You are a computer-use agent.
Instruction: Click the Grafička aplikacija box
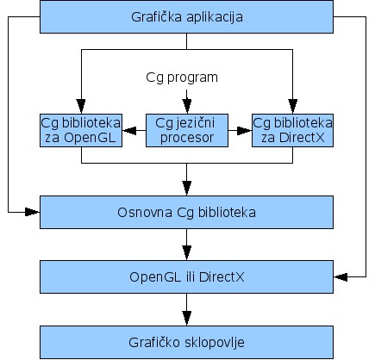pos(186,16)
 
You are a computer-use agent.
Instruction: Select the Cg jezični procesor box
pos(187,130)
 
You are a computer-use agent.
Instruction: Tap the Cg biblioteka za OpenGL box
pos(81,130)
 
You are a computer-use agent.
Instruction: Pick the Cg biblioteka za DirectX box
pos(292,130)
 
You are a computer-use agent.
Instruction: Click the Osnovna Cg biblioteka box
pos(186,213)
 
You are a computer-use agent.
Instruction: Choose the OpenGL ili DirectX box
pos(186,277)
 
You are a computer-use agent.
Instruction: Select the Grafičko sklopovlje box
pos(186,342)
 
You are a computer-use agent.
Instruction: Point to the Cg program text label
pos(182,78)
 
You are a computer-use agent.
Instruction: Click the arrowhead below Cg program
pos(187,107)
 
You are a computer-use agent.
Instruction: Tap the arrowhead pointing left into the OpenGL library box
pos(129,131)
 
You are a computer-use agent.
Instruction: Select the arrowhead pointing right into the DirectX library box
pos(245,131)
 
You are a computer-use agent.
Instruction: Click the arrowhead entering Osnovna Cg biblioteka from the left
pos(33,212)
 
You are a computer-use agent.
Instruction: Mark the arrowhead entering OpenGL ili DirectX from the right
pos(341,277)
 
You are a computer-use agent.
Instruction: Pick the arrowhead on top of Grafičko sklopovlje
pos(187,319)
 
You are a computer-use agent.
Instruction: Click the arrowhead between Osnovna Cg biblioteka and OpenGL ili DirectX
pos(187,253)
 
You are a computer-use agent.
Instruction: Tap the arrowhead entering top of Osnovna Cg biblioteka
pos(187,189)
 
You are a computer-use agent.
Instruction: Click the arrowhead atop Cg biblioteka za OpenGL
pos(81,107)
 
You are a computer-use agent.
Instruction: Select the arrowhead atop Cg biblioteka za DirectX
pos(293,107)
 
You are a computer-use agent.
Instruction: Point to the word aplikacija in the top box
pos(215,17)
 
